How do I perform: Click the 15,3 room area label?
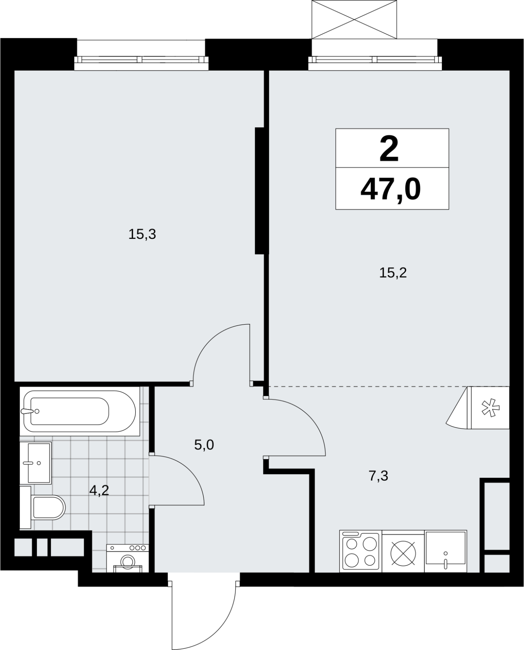coord(142,234)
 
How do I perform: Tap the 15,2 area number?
coord(393,273)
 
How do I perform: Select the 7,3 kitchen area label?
coord(378,476)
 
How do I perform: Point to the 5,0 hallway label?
coord(204,445)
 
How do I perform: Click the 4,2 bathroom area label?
coord(99,490)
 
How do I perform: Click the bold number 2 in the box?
coord(389,149)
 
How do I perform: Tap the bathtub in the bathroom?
coord(80,411)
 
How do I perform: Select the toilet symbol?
coord(42,507)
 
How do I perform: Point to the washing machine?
coord(128,558)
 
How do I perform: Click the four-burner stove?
coord(361,551)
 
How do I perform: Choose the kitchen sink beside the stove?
coord(446,551)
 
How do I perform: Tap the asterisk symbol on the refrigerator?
coord(490,408)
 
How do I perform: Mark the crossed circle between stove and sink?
coord(403,553)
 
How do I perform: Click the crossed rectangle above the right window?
coord(354,19)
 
